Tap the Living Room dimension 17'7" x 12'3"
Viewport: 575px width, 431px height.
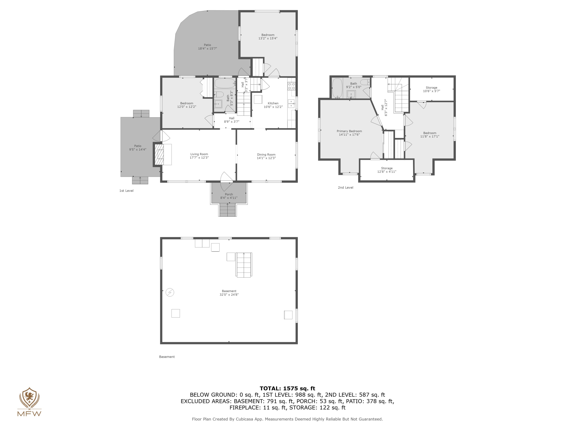point(199,158)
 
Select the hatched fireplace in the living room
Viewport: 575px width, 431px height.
point(159,155)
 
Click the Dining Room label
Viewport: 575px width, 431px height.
point(266,155)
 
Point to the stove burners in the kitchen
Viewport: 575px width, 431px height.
point(291,86)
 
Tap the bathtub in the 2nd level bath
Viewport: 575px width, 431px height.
point(337,88)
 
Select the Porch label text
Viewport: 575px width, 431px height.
point(229,194)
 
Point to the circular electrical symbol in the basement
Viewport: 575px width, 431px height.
point(170,293)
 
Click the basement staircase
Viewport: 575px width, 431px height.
point(244,265)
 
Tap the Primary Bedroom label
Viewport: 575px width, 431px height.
point(349,131)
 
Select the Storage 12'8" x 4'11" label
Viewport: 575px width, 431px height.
point(387,170)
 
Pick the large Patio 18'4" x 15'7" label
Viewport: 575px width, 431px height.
point(207,47)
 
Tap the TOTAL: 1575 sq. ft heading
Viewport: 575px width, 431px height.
point(287,388)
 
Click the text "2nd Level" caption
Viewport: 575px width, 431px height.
point(345,188)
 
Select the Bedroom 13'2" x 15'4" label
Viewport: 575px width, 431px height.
point(268,37)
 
